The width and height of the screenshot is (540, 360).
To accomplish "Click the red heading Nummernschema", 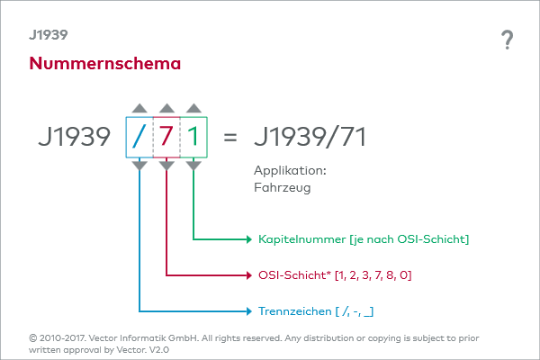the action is pos(105,63).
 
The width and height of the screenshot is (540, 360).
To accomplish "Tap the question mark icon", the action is pos(507,40).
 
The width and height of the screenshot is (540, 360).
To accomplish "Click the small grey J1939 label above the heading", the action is pos(49,35).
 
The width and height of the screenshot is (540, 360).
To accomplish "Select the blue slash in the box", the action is pos(139,137).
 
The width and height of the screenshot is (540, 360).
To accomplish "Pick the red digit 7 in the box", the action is pos(166,136).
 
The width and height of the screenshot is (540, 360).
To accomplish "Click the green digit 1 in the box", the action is pos(193,136).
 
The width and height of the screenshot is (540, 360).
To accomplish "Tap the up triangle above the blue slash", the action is pos(139,108).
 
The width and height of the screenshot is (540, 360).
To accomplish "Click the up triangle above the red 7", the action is pos(166,108).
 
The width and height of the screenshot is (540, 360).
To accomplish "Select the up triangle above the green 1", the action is pos(193,108).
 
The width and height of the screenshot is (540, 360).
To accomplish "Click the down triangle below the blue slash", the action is pos(139,166).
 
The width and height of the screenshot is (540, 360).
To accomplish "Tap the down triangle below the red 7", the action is pos(166,166).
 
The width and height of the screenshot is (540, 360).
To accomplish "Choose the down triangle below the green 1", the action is pos(193,166).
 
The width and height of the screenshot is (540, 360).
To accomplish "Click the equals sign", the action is pos(230,138).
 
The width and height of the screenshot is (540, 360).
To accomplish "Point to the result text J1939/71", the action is pos(310,137).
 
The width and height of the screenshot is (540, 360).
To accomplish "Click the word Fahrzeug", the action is pos(283,188).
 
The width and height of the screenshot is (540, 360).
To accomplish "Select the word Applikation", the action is pos(290,170).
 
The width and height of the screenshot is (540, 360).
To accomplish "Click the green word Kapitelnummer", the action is pos(302,239).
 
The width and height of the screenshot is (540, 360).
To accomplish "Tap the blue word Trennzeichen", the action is pos(295,311).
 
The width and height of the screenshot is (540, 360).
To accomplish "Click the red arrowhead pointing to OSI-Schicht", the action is pos(249,275).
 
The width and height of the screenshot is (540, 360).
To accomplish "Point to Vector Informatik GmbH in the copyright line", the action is pos(144,338).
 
